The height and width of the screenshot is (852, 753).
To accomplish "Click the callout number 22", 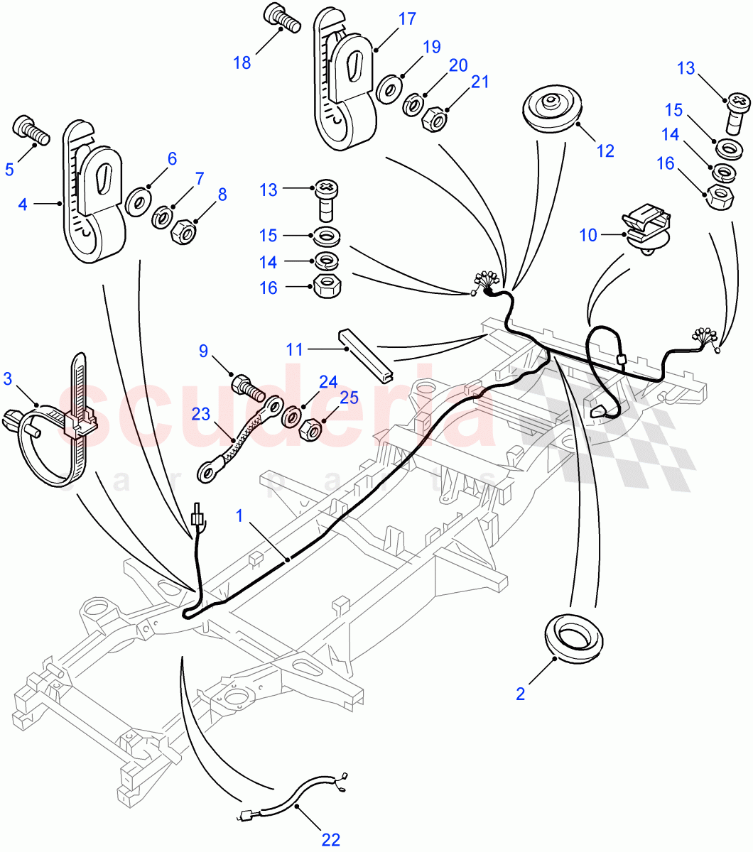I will coord(330,840).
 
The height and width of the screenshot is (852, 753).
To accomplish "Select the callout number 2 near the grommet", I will coord(521,694).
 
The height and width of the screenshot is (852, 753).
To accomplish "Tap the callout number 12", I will coord(605,151).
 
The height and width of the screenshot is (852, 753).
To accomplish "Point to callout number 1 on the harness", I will coord(240,515).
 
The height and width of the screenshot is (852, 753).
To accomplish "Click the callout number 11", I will coord(295,349).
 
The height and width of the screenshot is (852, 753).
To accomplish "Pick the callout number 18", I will coord(242,62).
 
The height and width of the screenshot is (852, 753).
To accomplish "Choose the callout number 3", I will coord(8,378).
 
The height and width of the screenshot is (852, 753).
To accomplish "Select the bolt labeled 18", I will coord(282,16).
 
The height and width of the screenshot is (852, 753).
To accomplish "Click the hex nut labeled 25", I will coord(311,430).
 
